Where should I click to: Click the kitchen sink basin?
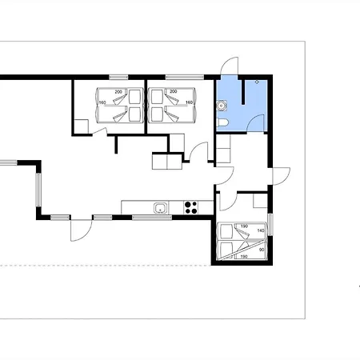click(161, 208)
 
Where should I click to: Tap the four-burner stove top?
click(191, 208)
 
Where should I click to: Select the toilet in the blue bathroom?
click(222, 122)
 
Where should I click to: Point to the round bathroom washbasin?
click(222, 106)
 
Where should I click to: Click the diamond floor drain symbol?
click(257, 82)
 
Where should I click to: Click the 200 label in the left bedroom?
click(118, 92)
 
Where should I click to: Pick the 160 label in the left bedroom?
click(102, 102)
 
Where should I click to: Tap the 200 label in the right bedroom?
click(174, 91)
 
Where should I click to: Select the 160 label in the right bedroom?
click(189, 102)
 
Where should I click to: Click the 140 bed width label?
click(261, 230)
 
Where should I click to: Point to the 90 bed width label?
click(262, 250)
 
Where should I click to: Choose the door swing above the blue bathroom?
click(230, 66)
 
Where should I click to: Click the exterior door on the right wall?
click(281, 176)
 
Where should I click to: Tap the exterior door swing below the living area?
click(82, 230)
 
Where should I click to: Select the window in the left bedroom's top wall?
click(118, 78)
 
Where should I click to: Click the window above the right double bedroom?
click(185, 78)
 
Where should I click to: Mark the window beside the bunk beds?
click(270, 225)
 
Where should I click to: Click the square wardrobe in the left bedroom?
click(82, 126)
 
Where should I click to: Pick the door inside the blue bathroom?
click(255, 123)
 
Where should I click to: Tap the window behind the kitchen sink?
click(152, 218)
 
